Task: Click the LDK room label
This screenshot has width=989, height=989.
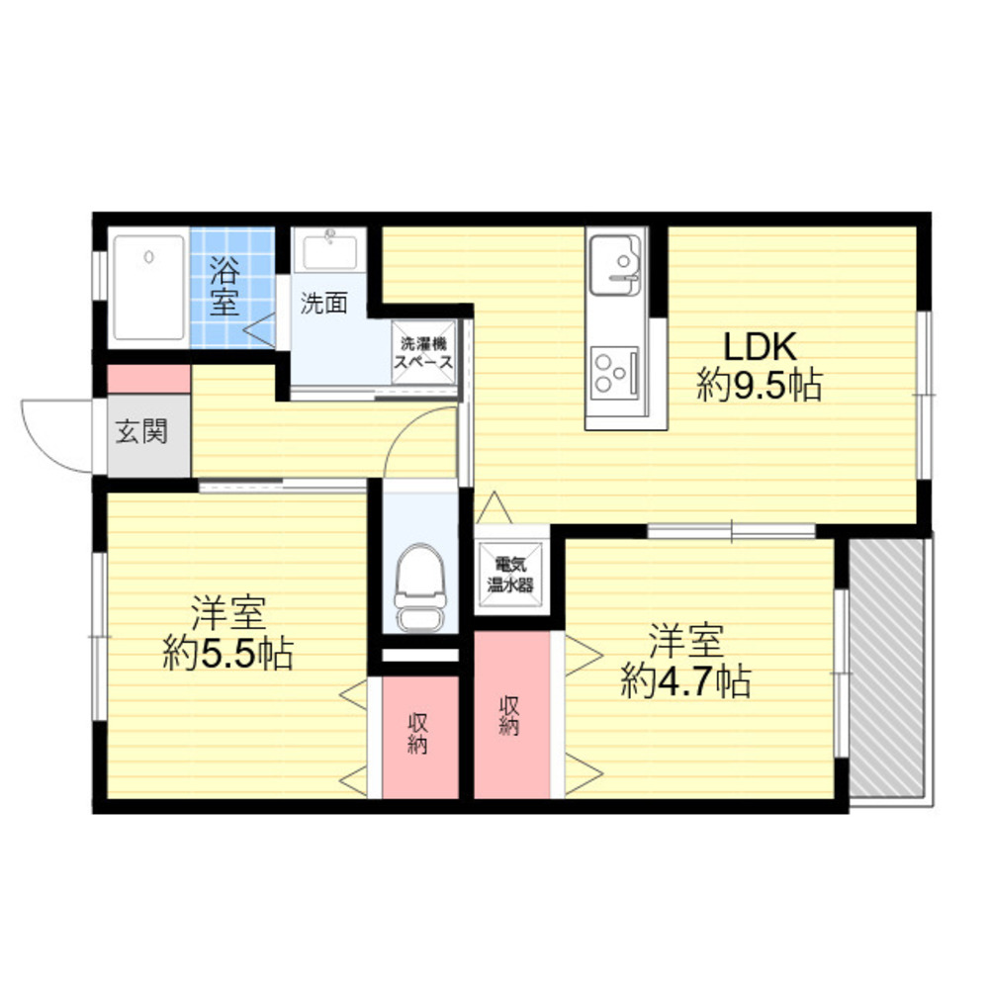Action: tap(759, 345)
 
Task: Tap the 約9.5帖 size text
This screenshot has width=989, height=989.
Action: tap(760, 385)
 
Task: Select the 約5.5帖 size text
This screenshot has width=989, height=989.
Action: tap(228, 653)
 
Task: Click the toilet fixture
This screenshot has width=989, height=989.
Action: tap(420, 587)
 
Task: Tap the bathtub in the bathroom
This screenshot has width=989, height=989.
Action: tap(149, 288)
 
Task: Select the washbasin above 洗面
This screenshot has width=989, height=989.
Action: tap(330, 250)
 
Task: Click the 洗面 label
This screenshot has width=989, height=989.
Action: tap(323, 304)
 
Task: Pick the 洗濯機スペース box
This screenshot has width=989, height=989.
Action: tap(424, 353)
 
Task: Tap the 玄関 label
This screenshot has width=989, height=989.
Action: tap(142, 432)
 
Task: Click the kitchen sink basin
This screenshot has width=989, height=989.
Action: tap(615, 264)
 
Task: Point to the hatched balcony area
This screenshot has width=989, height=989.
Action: tap(886, 668)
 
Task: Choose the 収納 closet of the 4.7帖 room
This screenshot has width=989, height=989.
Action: tap(512, 715)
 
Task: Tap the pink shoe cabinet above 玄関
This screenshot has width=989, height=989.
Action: tap(149, 379)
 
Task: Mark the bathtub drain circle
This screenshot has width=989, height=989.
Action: tap(149, 257)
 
